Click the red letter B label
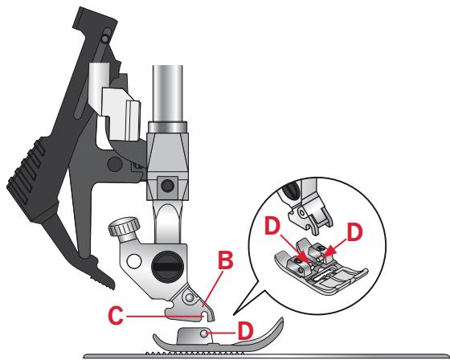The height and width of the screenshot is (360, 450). pyautogui.click(x=226, y=260)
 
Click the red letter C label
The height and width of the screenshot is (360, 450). pyautogui.click(x=116, y=316)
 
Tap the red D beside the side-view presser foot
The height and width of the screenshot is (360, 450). pyautogui.click(x=246, y=331)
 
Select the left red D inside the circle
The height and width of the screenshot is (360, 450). pyautogui.click(x=272, y=226)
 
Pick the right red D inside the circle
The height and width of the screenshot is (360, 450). pyautogui.click(x=354, y=232)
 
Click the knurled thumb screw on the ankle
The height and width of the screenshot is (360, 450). pyautogui.click(x=125, y=227)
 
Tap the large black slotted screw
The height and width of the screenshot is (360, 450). pyautogui.click(x=167, y=267)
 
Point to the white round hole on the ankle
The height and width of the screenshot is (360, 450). pyautogui.click(x=133, y=261)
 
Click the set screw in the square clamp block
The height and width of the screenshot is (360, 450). pyautogui.click(x=167, y=186)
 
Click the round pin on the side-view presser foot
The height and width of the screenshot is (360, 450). pyautogui.click(x=204, y=333)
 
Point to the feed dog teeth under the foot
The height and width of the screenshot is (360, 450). pyautogui.click(x=195, y=352)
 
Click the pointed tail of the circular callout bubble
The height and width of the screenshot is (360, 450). pyautogui.click(x=235, y=313)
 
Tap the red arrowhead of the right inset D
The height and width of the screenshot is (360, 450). pyautogui.click(x=329, y=251)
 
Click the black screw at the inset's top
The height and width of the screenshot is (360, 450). pyautogui.click(x=291, y=190)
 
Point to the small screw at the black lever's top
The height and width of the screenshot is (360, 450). pyautogui.click(x=105, y=37)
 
